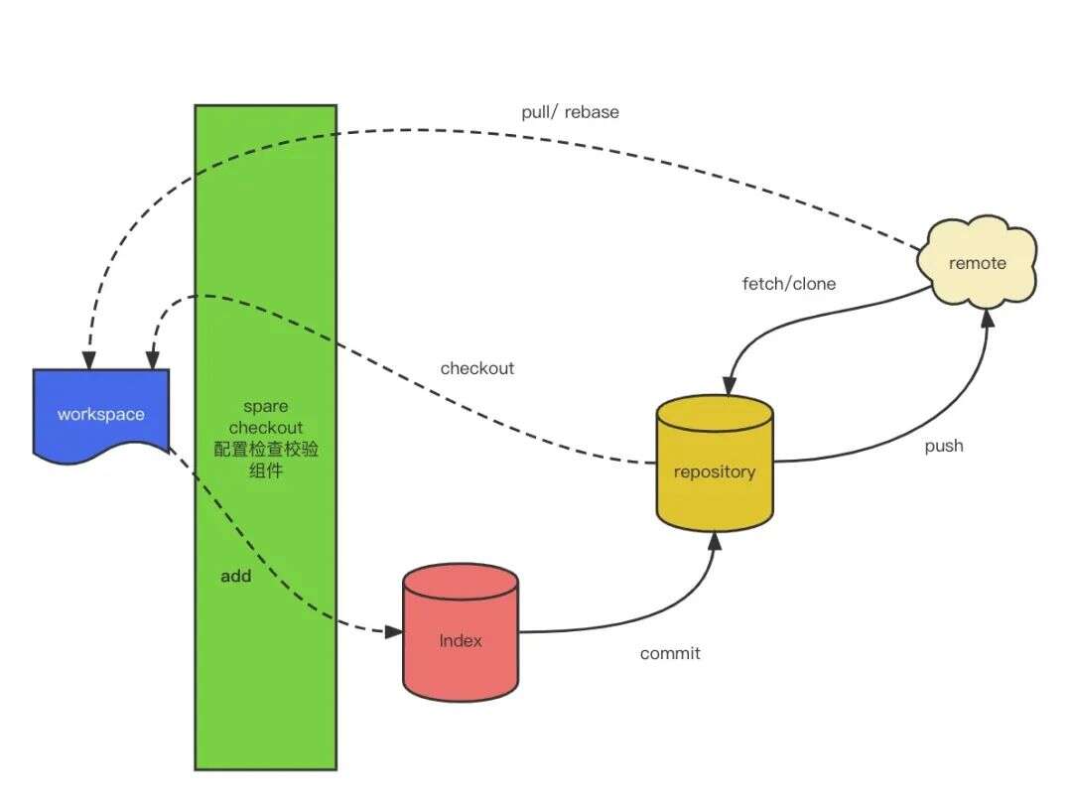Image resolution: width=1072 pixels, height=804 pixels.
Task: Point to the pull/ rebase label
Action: pyautogui.click(x=570, y=112)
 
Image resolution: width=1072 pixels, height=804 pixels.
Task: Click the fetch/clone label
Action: pyautogui.click(x=789, y=284)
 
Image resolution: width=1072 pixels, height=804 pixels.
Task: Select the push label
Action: pyautogui.click(x=944, y=446)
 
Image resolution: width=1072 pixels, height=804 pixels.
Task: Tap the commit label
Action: pyautogui.click(x=670, y=653)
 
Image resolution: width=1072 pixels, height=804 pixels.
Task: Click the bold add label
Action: pyautogui.click(x=236, y=576)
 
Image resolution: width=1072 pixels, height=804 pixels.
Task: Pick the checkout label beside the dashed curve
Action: pyautogui.click(x=477, y=368)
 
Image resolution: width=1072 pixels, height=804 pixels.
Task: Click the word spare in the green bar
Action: pyautogui.click(x=265, y=407)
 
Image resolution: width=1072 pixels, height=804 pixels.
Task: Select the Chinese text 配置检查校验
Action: pyautogui.click(x=266, y=449)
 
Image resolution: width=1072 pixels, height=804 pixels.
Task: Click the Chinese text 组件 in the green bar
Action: pyautogui.click(x=266, y=470)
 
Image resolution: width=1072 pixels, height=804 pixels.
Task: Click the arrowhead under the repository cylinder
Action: pyautogui.click(x=714, y=539)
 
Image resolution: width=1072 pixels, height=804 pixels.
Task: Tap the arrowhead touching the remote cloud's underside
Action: pyautogui.click(x=987, y=316)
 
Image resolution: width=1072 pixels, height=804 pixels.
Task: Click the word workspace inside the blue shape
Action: pyautogui.click(x=100, y=414)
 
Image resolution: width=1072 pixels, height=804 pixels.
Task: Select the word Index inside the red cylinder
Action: pyautogui.click(x=461, y=640)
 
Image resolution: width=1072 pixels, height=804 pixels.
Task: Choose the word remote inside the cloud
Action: pyautogui.click(x=978, y=263)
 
